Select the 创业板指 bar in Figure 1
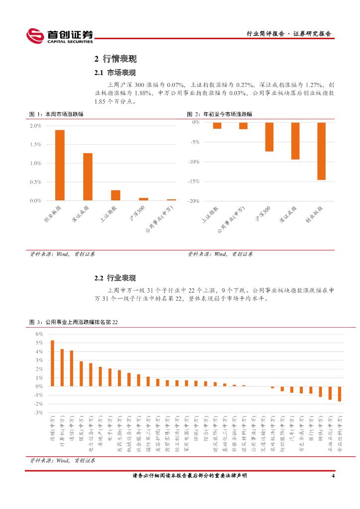tap(60, 165)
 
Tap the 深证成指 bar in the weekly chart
tap(88, 176)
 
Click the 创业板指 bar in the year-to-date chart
tap(321, 151)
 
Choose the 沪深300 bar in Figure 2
tap(269, 137)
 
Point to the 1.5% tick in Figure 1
tap(35, 145)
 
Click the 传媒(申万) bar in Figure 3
tap(52, 363)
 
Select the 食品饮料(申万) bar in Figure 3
tap(340, 394)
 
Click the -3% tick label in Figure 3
tap(38, 413)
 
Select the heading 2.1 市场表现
tap(115, 73)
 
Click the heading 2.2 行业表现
tap(115, 278)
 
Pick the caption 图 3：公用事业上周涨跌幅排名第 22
tap(74, 323)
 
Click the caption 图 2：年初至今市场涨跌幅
tap(220, 114)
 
